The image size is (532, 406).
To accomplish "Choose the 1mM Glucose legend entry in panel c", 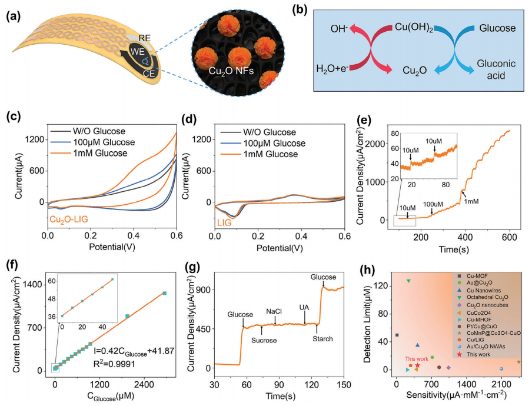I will click(99, 154).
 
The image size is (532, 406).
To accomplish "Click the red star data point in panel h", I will click(417, 365).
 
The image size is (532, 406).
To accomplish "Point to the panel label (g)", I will click(192, 265).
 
